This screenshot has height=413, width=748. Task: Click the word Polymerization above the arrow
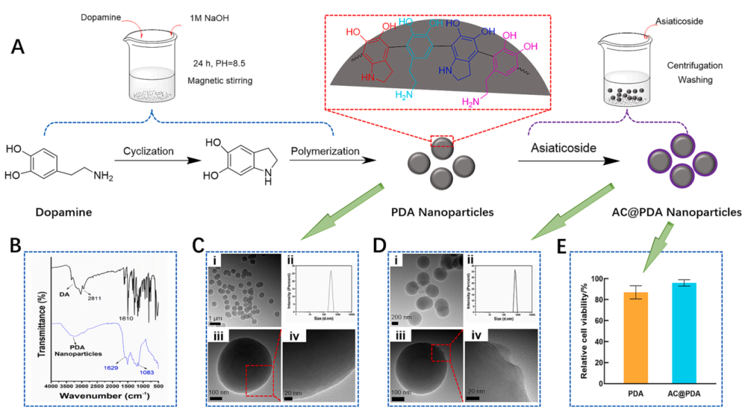click(x=323, y=151)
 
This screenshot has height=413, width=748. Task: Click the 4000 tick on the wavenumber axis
click(x=50, y=386)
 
